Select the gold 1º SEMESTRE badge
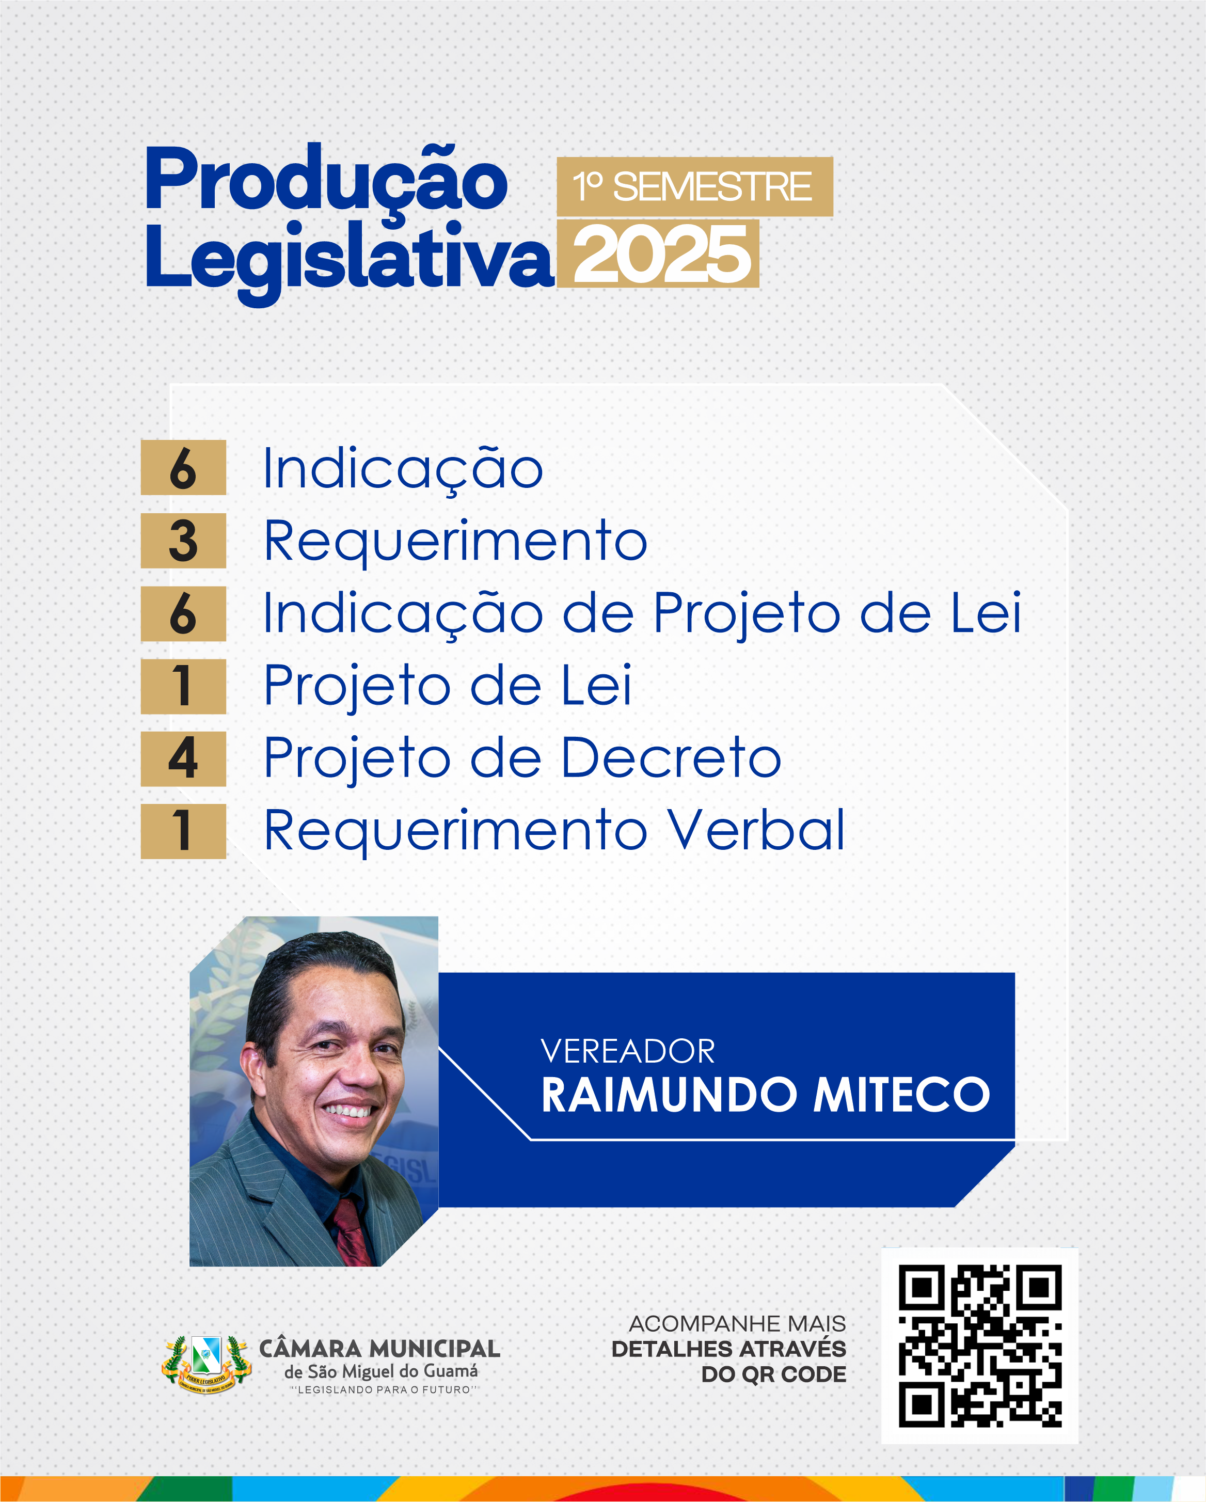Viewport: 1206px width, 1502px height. point(694,187)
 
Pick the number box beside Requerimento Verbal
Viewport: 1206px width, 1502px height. point(183,831)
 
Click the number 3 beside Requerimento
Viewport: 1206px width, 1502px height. point(183,541)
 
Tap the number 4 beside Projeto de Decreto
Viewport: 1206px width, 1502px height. point(183,758)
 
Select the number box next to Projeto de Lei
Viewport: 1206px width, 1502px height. point(183,686)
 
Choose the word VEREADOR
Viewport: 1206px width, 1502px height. point(628,1052)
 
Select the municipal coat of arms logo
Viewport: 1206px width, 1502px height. point(206,1364)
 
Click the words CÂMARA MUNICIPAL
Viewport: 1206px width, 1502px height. point(379,1350)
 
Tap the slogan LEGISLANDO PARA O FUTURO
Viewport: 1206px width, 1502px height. point(384,1390)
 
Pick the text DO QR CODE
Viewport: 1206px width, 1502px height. point(773,1374)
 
